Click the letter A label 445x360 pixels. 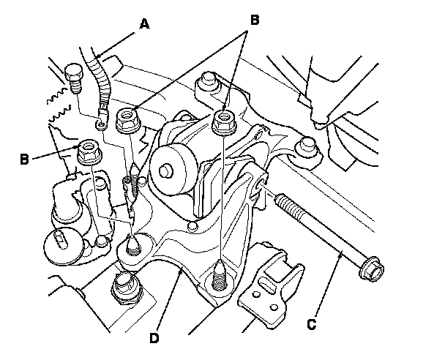coord(144,24)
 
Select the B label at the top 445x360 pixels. coord(254,21)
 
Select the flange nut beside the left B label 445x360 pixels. coord(89,152)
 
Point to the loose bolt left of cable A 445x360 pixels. coord(72,76)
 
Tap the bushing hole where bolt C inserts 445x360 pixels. coord(262,181)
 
